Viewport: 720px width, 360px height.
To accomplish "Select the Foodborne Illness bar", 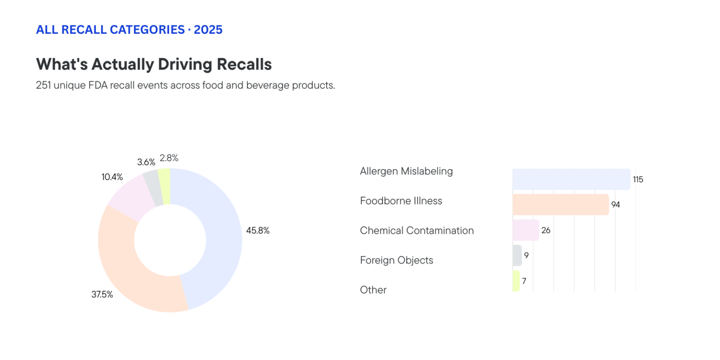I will [x=560, y=204].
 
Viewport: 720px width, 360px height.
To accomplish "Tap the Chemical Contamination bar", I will [x=525, y=230].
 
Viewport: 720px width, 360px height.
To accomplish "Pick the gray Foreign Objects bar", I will [x=517, y=255].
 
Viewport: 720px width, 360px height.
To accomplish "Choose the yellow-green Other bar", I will [x=516, y=281].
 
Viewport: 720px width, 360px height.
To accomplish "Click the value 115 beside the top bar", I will [x=637, y=180].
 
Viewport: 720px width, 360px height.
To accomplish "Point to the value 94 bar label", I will [x=615, y=205].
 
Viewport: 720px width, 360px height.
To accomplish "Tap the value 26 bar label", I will [x=546, y=230].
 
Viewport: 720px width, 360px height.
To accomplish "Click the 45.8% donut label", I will [x=258, y=231].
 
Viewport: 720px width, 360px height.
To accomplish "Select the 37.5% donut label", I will [x=102, y=295].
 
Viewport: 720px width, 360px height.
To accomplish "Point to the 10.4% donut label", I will [x=112, y=177].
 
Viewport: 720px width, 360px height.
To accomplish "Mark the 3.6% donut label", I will [x=146, y=162].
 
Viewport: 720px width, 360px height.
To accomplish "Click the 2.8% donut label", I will [x=169, y=158].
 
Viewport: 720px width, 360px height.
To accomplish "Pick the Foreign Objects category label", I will [x=396, y=260].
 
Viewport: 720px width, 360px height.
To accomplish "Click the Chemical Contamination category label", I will [x=417, y=231].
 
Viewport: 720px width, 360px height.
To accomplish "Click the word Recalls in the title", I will [x=244, y=64].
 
